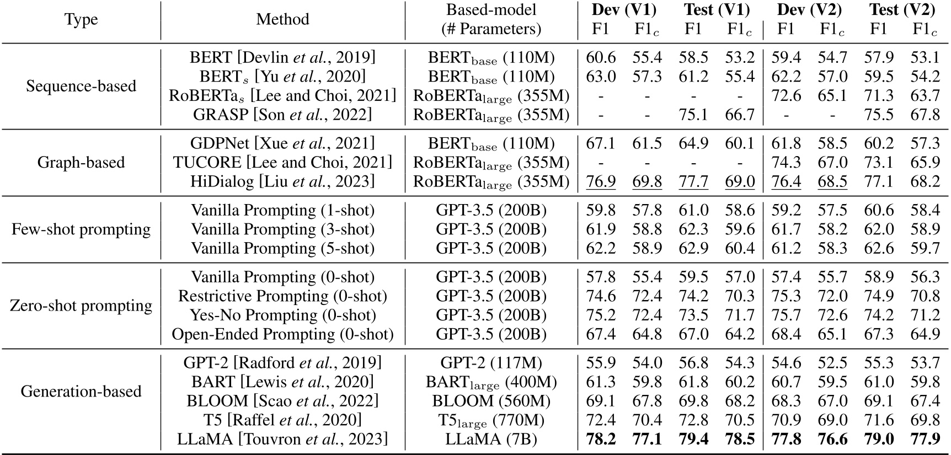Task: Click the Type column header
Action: pos(81,19)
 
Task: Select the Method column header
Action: pos(282,19)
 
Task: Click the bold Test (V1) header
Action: pos(717,9)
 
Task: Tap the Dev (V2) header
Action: pos(809,9)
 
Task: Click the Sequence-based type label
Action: pos(81,86)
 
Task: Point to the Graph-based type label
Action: pos(81,162)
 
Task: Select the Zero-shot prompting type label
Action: pos(81,306)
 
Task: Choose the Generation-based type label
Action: pos(81,391)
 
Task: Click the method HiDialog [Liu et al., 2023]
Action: pos(282,181)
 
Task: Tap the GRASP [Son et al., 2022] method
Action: pos(282,114)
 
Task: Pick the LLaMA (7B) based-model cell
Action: pos(491,439)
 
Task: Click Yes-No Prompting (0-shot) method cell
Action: pos(282,315)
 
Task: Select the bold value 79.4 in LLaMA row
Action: pos(693,439)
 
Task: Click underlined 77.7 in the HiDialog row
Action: pos(693,181)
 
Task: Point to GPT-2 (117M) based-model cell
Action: pos(491,362)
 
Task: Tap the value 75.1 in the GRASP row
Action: pos(693,114)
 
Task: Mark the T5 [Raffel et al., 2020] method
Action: pos(282,420)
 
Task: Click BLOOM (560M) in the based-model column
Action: pos(491,401)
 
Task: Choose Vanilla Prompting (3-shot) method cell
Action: pos(282,229)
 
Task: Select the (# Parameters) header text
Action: pos(491,29)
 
